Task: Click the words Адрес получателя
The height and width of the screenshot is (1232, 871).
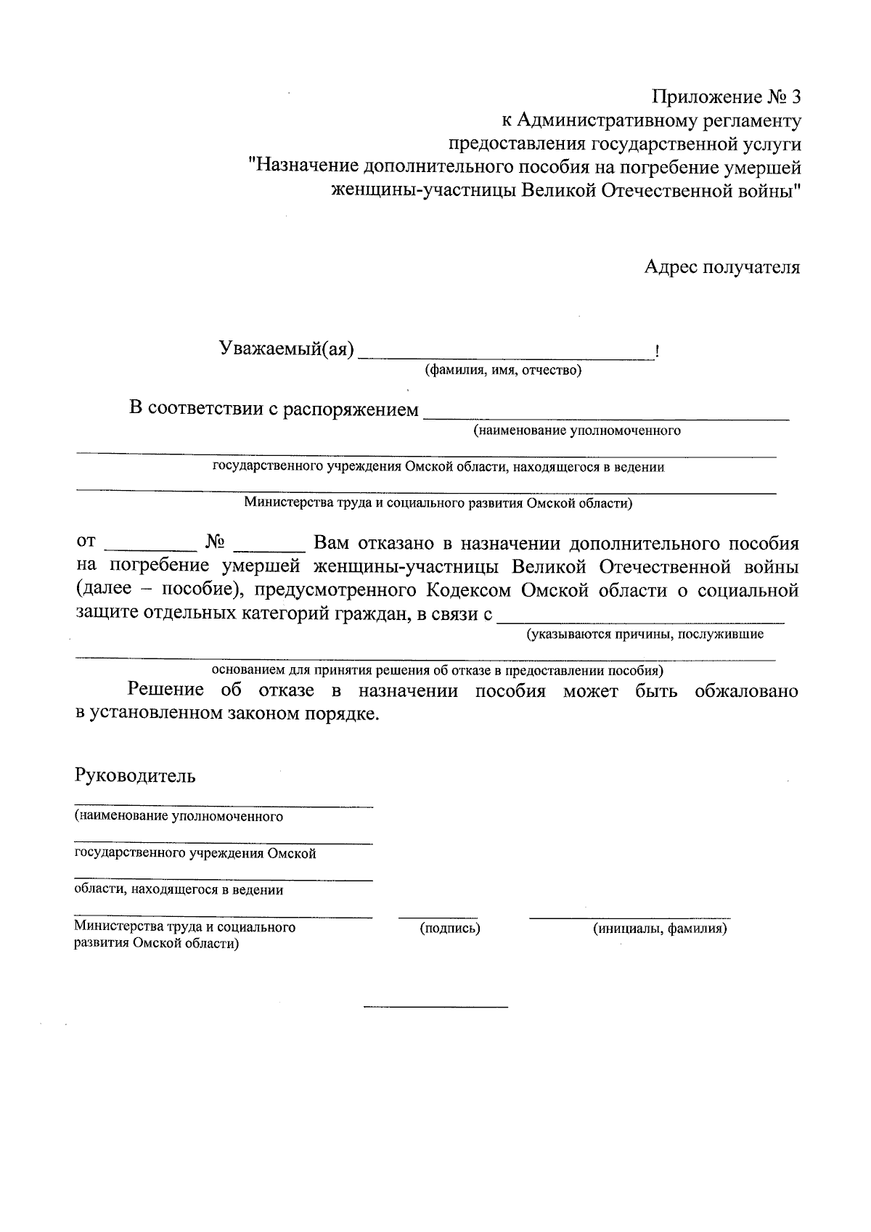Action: [x=722, y=267]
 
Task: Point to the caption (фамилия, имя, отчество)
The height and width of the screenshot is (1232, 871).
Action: [x=503, y=371]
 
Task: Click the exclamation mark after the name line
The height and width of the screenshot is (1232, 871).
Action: [x=657, y=353]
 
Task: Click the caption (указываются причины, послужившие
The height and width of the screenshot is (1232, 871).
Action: [x=645, y=635]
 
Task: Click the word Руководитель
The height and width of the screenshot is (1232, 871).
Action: [x=135, y=775]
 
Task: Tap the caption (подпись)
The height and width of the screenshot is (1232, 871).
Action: [x=450, y=928]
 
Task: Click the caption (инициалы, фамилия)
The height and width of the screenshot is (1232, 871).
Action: [x=659, y=928]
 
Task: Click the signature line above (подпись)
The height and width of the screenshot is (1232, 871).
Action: [x=438, y=918]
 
